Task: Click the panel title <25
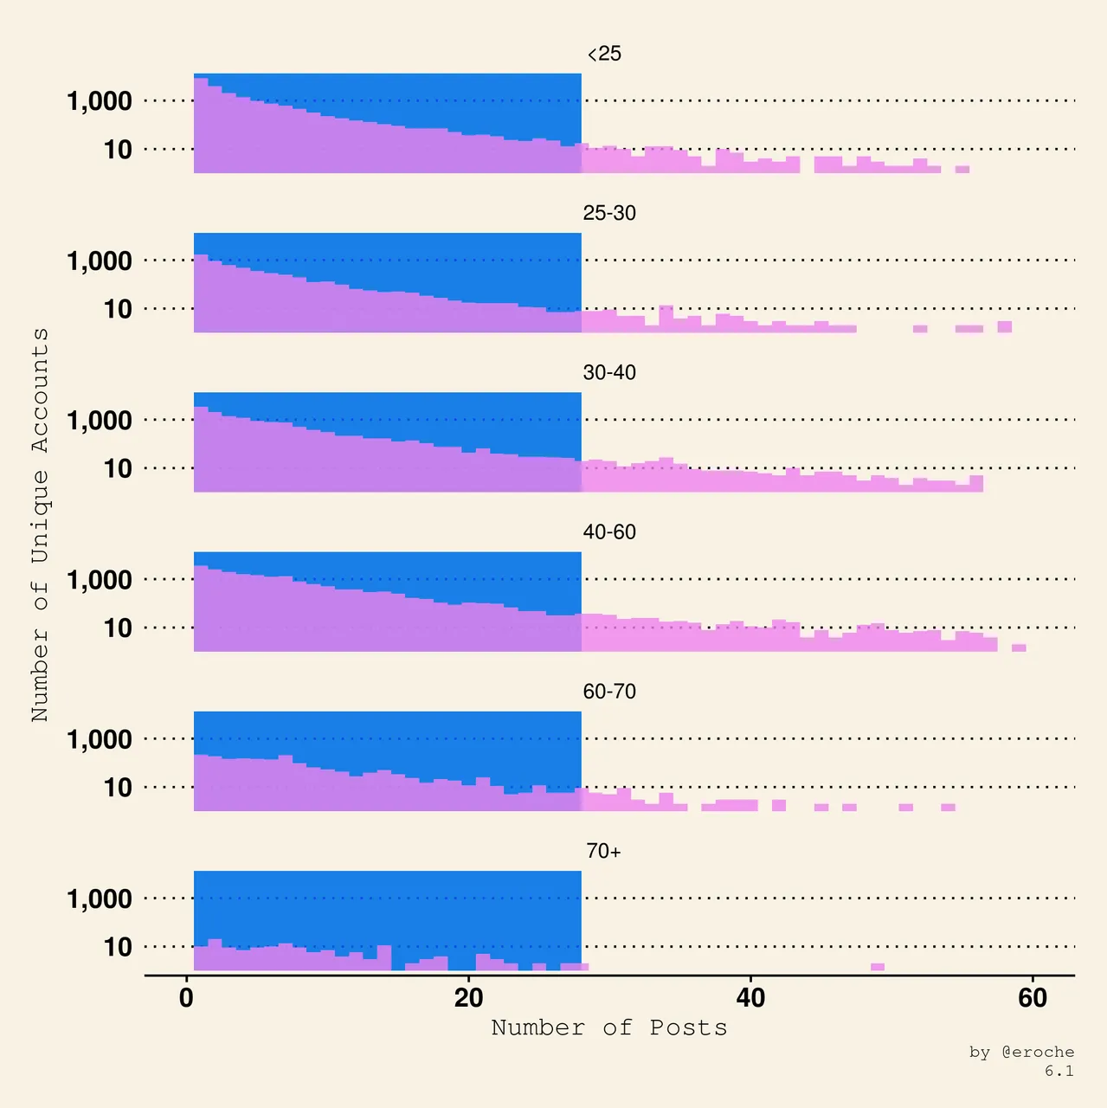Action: point(604,54)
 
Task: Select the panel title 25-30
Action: point(609,213)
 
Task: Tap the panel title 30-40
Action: point(609,372)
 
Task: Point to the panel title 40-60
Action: point(609,531)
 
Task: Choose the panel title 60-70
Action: point(609,692)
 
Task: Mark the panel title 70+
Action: point(603,851)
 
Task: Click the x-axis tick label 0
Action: point(186,998)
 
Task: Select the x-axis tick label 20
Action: point(468,998)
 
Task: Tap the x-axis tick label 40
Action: point(750,998)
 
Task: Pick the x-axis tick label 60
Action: point(1033,998)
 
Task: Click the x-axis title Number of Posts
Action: point(609,1027)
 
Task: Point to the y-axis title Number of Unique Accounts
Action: point(40,525)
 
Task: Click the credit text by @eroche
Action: point(1021,1052)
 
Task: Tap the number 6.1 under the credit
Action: point(1059,1071)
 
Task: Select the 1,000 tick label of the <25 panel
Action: point(100,101)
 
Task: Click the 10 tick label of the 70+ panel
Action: point(118,947)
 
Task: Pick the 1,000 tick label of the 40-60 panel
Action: point(100,580)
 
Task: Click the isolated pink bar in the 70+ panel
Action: point(878,967)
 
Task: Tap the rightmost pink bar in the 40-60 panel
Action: point(1019,647)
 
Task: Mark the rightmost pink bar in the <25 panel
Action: point(962,170)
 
